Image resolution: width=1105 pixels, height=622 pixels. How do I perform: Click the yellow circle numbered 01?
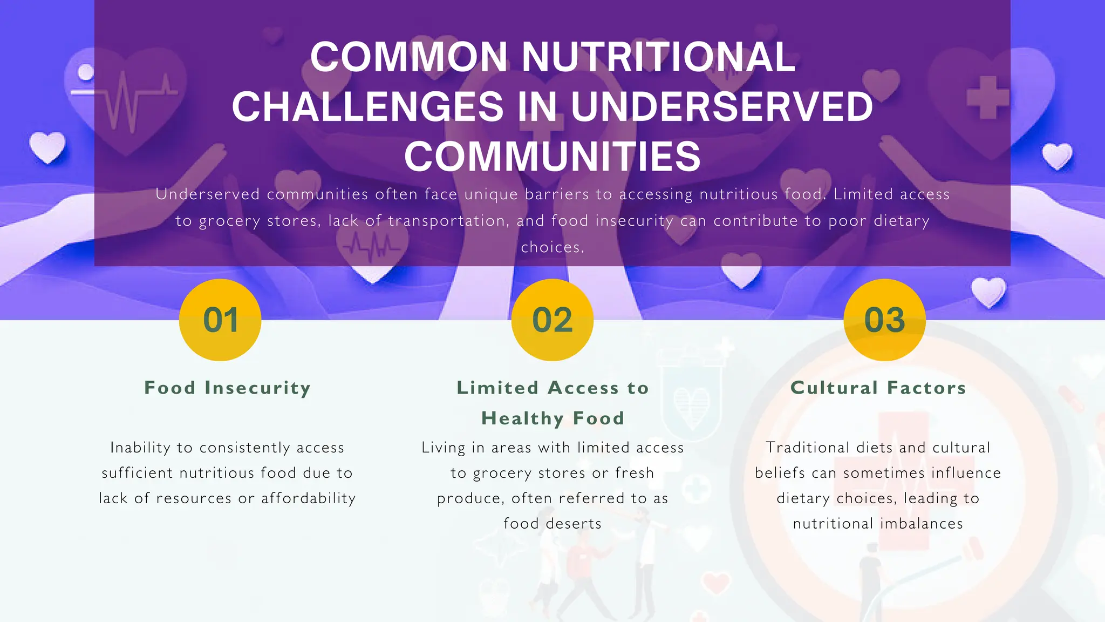coord(220,320)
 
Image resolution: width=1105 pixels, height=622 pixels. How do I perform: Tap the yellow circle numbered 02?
coord(552,320)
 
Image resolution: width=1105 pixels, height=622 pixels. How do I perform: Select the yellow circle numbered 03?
coord(884,320)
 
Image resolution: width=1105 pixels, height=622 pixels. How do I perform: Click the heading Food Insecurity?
coord(227,388)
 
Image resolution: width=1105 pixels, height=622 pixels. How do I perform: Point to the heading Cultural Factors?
coord(878,388)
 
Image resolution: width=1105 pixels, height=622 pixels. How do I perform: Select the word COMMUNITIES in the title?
coord(552,156)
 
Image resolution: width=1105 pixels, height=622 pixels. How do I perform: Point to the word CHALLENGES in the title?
coord(367,106)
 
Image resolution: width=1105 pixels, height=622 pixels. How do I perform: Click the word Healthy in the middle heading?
coord(522,418)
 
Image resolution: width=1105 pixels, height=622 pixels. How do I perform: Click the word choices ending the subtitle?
coord(552,247)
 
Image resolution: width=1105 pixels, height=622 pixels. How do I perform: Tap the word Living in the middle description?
coord(443,447)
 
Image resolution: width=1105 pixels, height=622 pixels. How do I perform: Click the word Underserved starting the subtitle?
coord(208,194)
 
